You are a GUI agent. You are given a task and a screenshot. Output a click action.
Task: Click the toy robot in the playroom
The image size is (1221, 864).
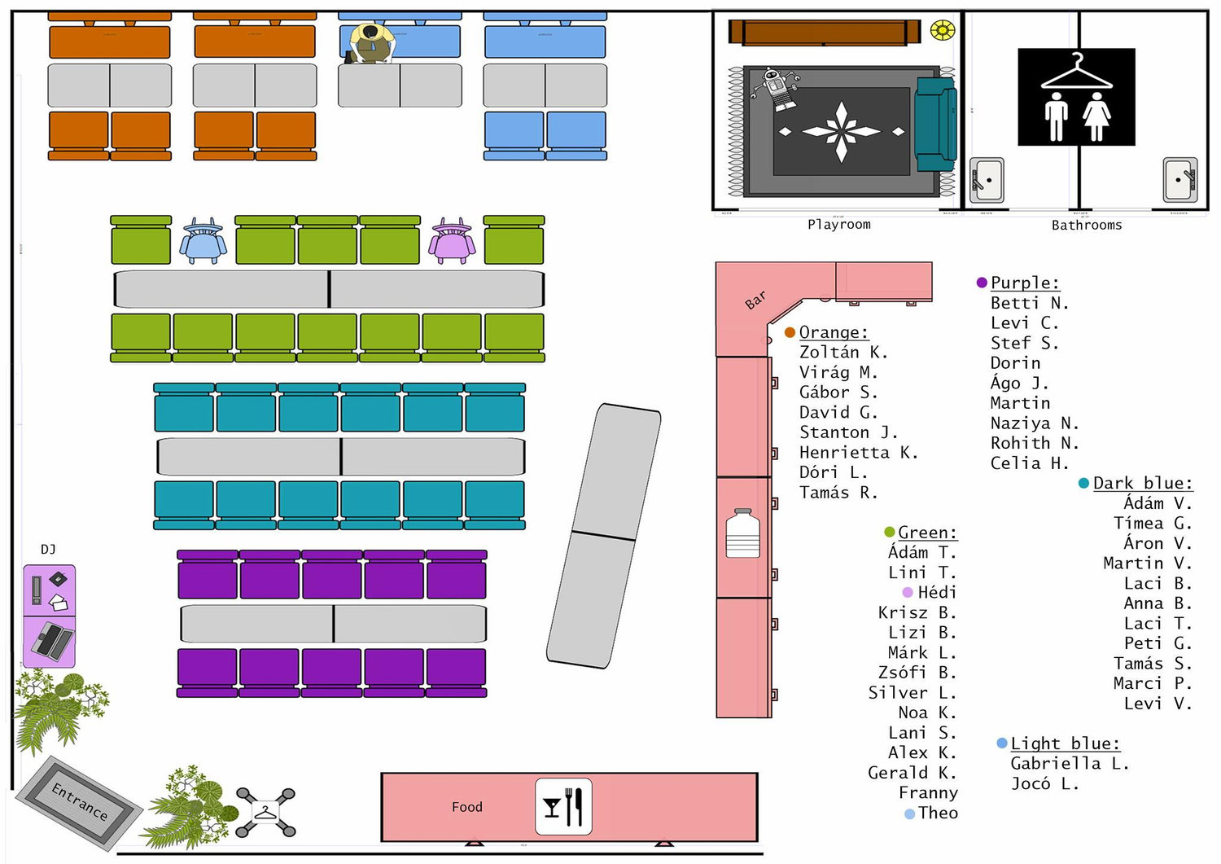coord(775,89)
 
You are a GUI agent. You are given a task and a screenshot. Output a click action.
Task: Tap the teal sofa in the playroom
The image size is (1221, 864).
coord(935,125)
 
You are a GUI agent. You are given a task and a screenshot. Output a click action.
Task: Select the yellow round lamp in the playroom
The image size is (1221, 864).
coord(943,30)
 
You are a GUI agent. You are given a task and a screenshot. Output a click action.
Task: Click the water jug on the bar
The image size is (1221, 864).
coord(742,533)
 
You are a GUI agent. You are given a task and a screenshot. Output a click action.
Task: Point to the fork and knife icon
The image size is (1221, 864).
coord(563,806)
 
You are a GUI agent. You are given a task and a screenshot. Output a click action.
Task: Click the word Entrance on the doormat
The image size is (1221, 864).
coord(80,801)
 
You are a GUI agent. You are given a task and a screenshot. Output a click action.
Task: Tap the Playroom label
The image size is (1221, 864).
coord(839,224)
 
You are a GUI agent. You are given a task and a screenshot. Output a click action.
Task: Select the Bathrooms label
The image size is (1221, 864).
coord(1087,225)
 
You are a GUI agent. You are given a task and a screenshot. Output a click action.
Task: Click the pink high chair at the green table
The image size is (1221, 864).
coord(451,240)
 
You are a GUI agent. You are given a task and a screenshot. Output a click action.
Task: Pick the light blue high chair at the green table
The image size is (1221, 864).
coord(203,240)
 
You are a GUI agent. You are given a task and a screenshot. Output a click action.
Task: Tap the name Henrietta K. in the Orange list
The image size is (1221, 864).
coord(859,452)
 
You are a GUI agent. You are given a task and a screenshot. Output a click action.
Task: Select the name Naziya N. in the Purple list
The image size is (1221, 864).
coord(1035,423)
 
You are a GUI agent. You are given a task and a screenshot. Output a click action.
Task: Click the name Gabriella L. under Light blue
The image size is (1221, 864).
coord(1070,763)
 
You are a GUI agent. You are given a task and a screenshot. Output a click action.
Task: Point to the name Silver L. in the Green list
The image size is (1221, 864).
coord(912,692)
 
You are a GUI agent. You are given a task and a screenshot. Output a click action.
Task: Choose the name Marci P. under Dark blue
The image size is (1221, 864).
coord(1153,683)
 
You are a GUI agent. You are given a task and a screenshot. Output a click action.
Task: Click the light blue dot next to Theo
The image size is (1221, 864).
coord(909,814)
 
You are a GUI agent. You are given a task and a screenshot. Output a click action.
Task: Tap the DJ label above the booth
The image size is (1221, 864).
coord(48,550)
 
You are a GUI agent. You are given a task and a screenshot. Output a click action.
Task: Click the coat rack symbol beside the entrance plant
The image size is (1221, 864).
coord(265,812)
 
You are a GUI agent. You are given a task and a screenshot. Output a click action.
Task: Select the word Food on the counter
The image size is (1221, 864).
coord(466,807)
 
